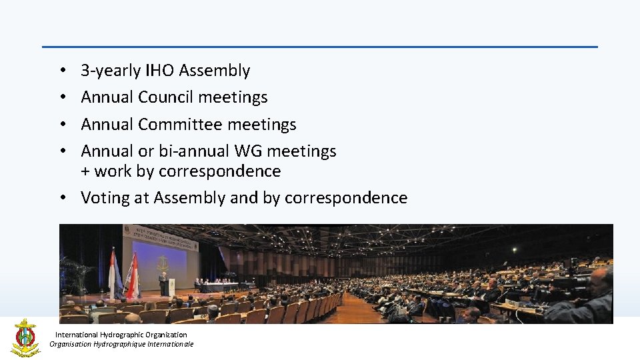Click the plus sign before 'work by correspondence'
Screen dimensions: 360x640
pos(85,172)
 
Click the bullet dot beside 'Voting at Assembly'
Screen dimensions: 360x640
pos(61,198)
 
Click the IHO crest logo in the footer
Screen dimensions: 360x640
pos(25,337)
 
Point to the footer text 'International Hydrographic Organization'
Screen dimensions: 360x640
pos(121,335)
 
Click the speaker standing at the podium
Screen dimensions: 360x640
pos(163,283)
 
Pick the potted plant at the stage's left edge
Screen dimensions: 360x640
pos(75,273)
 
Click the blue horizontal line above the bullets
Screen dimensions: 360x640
pos(320,47)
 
